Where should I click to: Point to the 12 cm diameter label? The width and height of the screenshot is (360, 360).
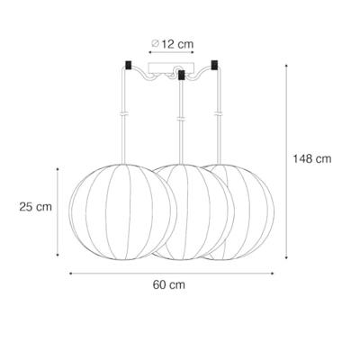click(177, 42)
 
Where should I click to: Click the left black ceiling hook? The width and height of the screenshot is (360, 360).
click(130, 66)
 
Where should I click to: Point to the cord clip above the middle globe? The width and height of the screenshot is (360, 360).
click(182, 118)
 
